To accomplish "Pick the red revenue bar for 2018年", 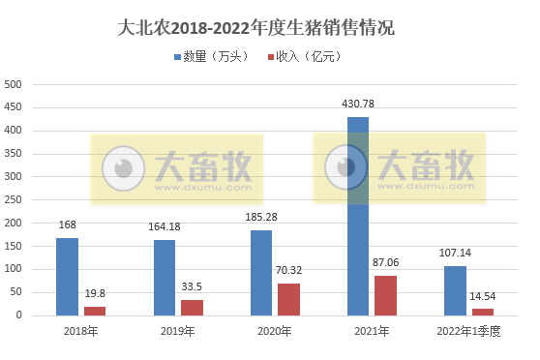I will pos(95,310).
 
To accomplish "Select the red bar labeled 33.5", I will pos(193,307).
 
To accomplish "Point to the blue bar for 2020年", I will pos(261,272).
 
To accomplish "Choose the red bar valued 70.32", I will pos(289,298).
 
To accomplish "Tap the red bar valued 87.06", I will pos(386,294).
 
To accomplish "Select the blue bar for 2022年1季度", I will pos(455,290).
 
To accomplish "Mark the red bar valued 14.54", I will pos(483,311).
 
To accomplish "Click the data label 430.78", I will pos(358,104).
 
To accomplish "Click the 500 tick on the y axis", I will pos(14,84).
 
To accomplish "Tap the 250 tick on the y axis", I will pos(14,199).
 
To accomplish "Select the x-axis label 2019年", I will pos(178,332).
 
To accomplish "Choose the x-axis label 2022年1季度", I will pos(468,332).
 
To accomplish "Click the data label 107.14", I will pos(455,254).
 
